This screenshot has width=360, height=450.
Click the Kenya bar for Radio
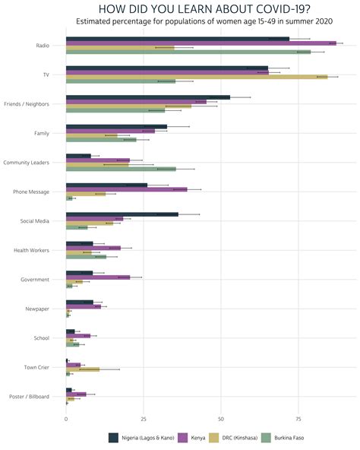201,43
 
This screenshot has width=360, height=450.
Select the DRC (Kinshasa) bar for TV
196,77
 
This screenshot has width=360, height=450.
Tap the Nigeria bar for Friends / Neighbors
147,97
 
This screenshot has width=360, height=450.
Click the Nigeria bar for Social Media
122,214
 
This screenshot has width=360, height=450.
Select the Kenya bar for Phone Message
126,189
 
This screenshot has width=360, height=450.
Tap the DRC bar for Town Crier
82,369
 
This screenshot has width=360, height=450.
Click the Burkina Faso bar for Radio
188,52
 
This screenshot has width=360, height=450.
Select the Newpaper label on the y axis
36,309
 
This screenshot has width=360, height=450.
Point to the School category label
42,338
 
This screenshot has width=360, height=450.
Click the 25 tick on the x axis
144,419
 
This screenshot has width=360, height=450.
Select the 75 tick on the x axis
298,419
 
